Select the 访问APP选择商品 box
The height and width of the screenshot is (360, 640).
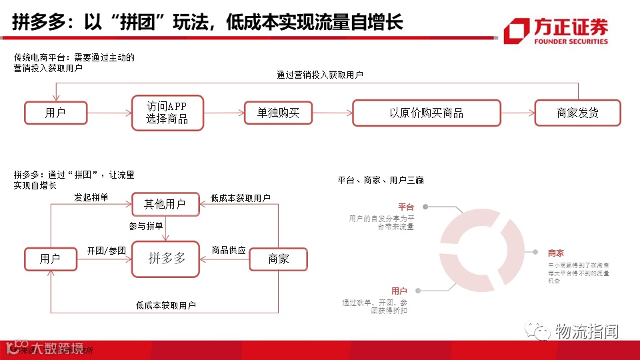coord(167,113)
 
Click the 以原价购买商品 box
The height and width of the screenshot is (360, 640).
coord(426,113)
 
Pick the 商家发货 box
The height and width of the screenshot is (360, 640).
coord(577,113)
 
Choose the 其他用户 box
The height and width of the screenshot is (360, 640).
coord(165,204)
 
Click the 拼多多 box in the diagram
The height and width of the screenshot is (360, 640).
coord(166,259)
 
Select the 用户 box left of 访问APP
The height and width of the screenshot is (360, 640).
coord(55,113)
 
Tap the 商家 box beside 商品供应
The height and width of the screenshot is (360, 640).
coord(278,259)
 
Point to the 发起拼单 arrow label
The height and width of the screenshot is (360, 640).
coord(91,198)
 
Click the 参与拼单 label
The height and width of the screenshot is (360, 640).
coord(146,226)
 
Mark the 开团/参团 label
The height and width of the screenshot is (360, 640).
coord(106,251)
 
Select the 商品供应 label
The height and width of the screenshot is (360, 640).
coord(229,251)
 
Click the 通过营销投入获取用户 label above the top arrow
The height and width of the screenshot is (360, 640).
coord(320,75)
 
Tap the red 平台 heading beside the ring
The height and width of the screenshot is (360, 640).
coord(405,207)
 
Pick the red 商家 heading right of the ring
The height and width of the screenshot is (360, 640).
coord(555,253)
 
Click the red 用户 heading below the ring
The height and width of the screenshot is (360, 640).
coord(399,291)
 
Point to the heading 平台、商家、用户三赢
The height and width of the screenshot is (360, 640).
coord(381,180)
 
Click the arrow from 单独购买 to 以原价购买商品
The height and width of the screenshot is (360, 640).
coord(331,113)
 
